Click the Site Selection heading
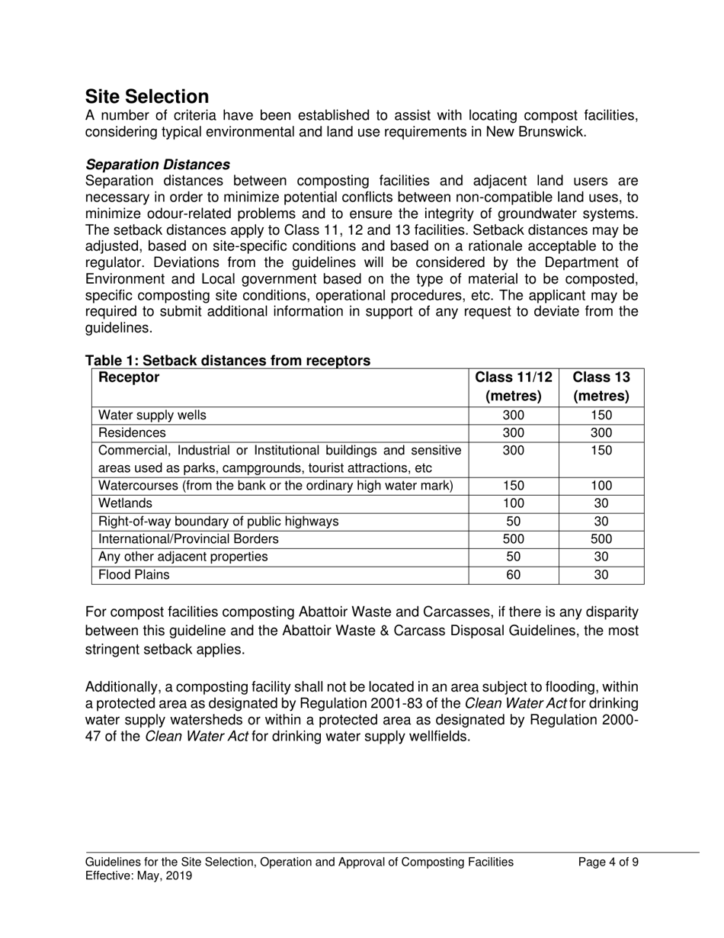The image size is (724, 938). coord(146,97)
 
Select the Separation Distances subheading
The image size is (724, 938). coord(158,165)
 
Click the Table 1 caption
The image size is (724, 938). coord(228,360)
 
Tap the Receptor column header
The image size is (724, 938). coord(129,377)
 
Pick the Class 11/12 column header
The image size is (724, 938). coord(513,387)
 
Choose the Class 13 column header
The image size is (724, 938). coord(601,387)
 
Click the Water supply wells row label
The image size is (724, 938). coord(152,416)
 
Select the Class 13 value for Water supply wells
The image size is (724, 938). coord(601,416)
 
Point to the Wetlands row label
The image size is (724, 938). coord(126,503)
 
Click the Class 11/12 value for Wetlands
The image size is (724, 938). coord(513,503)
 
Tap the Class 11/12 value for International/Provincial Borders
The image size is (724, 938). coord(513,539)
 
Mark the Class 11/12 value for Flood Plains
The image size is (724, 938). coord(513,575)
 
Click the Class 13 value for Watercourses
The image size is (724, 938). coord(601,486)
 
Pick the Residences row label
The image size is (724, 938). coord(132,433)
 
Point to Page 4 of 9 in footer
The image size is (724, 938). coord(608,863)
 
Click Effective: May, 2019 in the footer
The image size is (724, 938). coord(139,876)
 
